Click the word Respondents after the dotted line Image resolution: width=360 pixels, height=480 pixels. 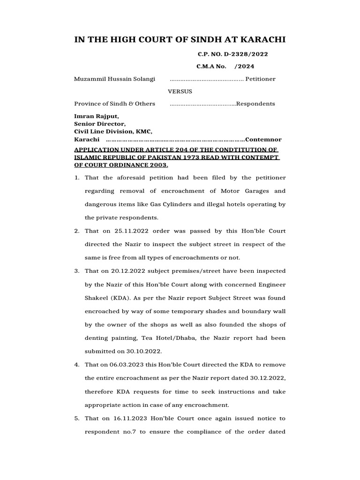(255, 104)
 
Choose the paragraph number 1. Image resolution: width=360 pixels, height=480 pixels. (77, 178)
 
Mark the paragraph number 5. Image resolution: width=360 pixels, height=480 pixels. (77, 418)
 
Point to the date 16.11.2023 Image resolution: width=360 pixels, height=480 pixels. (127, 418)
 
